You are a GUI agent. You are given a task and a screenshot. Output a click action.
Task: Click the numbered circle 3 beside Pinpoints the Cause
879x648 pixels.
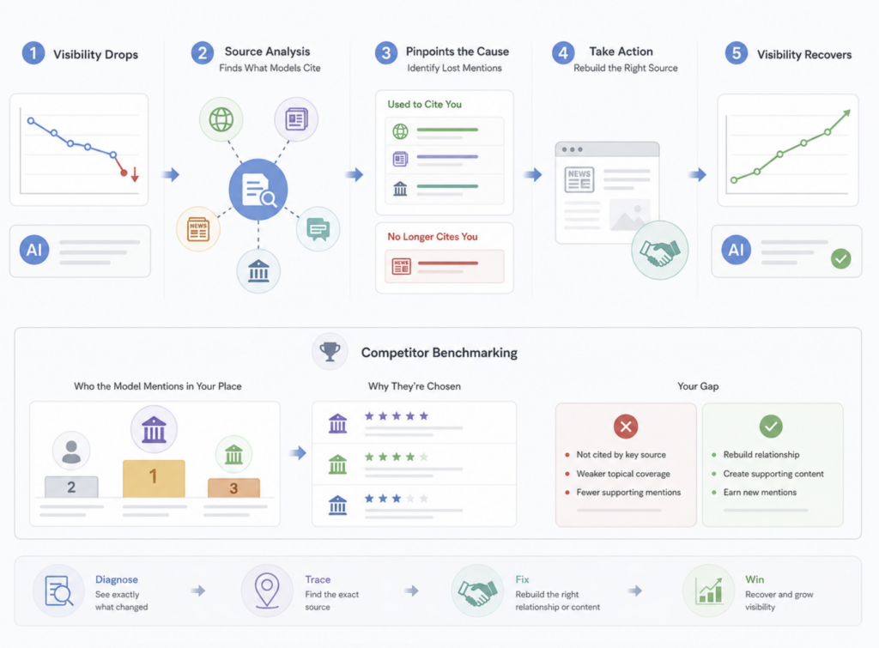click(385, 53)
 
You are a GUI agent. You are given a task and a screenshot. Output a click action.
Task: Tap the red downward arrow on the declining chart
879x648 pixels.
click(135, 174)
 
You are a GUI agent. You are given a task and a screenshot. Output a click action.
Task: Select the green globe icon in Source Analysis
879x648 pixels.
click(221, 119)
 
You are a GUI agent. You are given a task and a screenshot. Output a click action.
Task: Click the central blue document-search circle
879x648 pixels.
click(258, 190)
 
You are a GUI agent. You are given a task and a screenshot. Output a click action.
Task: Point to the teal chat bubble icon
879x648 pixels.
click(318, 228)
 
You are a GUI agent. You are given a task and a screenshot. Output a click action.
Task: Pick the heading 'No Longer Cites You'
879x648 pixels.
click(433, 237)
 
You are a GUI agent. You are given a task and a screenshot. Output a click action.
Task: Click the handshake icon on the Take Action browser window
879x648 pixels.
click(660, 250)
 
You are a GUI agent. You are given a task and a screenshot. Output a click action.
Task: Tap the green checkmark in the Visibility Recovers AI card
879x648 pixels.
click(840, 258)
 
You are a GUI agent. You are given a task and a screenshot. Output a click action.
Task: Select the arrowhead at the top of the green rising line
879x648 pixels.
click(847, 113)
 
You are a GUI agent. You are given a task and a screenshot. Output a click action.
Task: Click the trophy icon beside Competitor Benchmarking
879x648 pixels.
click(330, 352)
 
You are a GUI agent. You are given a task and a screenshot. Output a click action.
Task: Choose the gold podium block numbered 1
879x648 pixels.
click(154, 478)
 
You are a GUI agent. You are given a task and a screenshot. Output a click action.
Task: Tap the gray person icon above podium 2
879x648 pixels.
click(71, 451)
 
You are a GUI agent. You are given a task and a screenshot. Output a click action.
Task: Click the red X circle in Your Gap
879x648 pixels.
click(626, 427)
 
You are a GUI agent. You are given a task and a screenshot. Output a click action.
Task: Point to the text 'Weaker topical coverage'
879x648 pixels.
click(623, 474)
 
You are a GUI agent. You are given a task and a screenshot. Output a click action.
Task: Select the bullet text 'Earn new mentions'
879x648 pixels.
click(760, 492)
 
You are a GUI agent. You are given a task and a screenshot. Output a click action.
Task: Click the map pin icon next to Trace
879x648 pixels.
click(267, 590)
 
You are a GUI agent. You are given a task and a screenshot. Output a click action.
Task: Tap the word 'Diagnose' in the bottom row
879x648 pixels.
click(117, 579)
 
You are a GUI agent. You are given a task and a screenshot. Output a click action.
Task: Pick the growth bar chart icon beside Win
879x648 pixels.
click(708, 590)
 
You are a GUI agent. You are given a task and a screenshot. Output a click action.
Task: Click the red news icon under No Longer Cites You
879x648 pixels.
click(402, 266)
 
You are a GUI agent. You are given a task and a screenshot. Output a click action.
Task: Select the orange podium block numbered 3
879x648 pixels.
click(233, 488)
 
